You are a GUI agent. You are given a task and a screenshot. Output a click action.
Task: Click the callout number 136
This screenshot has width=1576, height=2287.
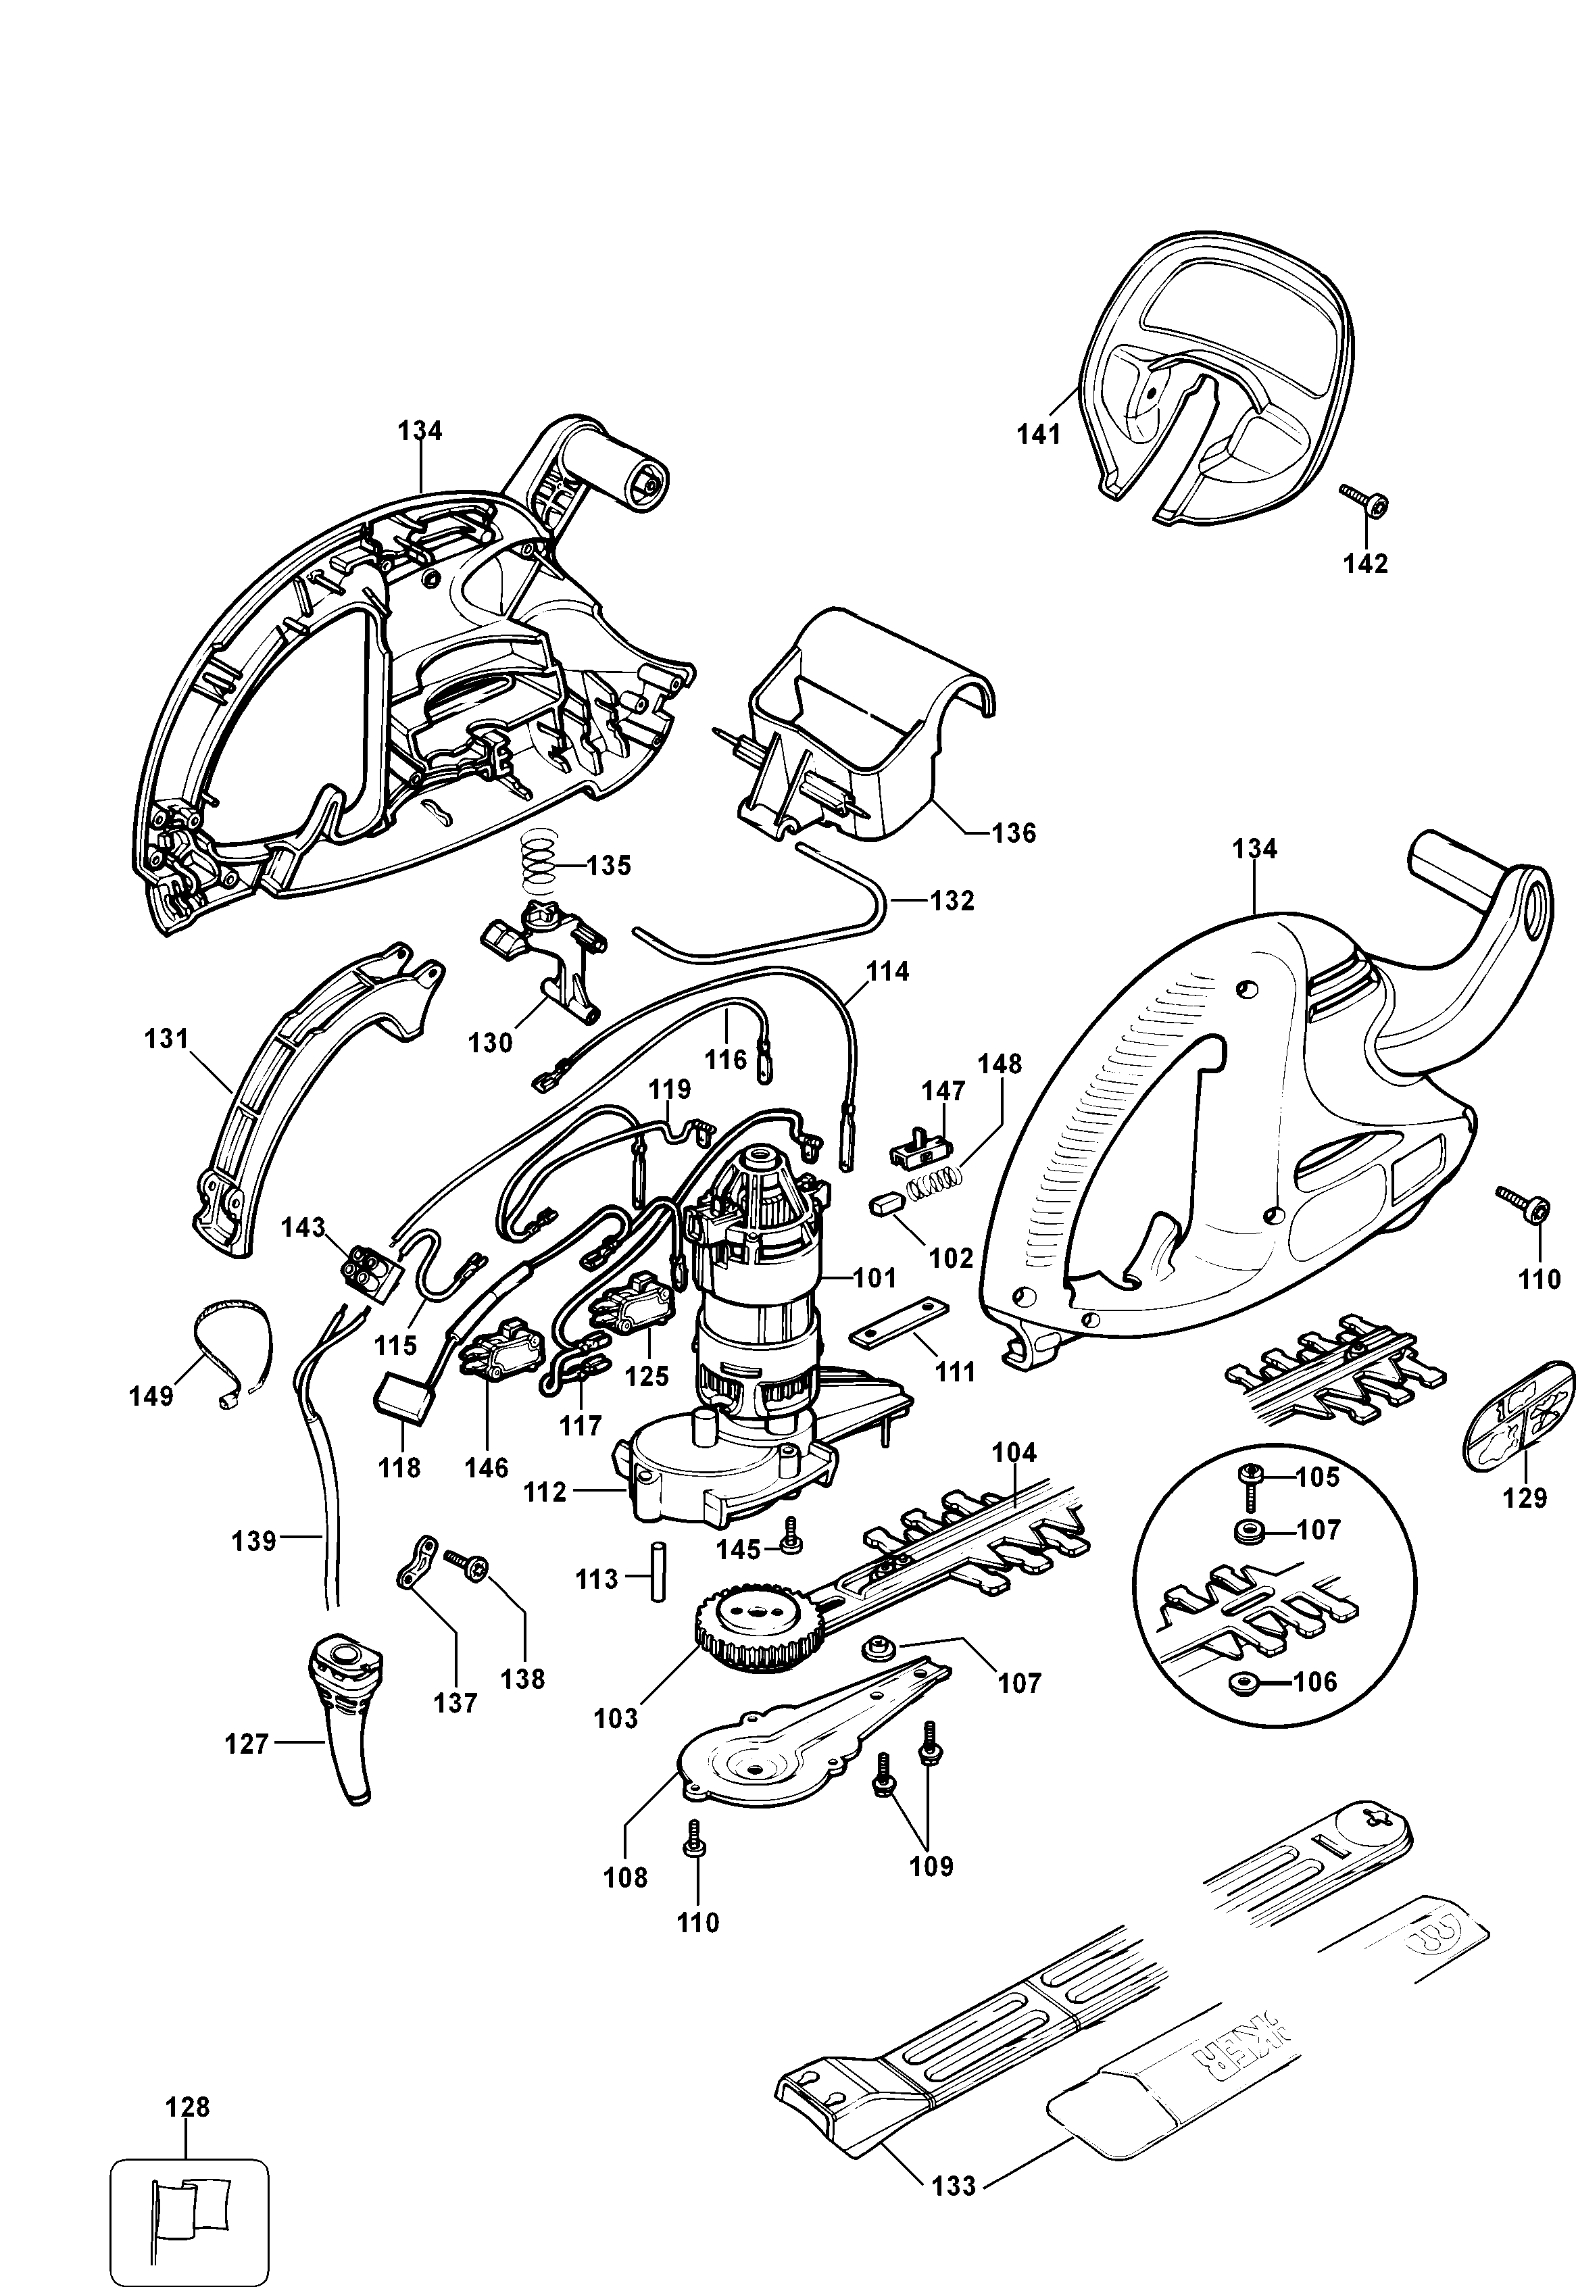(1014, 833)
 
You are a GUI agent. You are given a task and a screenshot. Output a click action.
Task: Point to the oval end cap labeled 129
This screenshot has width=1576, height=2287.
(1519, 1414)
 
